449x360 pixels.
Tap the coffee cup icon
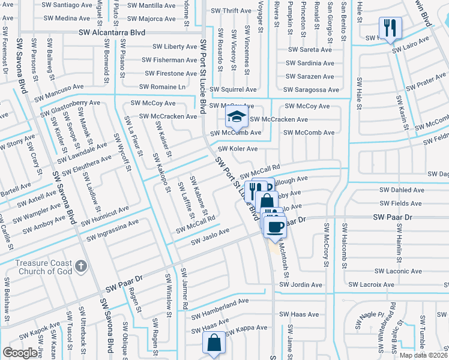click(276, 227)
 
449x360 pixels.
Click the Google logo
click(20, 353)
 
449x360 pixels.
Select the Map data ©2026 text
click(423, 355)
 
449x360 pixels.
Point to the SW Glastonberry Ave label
click(70, 109)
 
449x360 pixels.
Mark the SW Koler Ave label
click(237, 149)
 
